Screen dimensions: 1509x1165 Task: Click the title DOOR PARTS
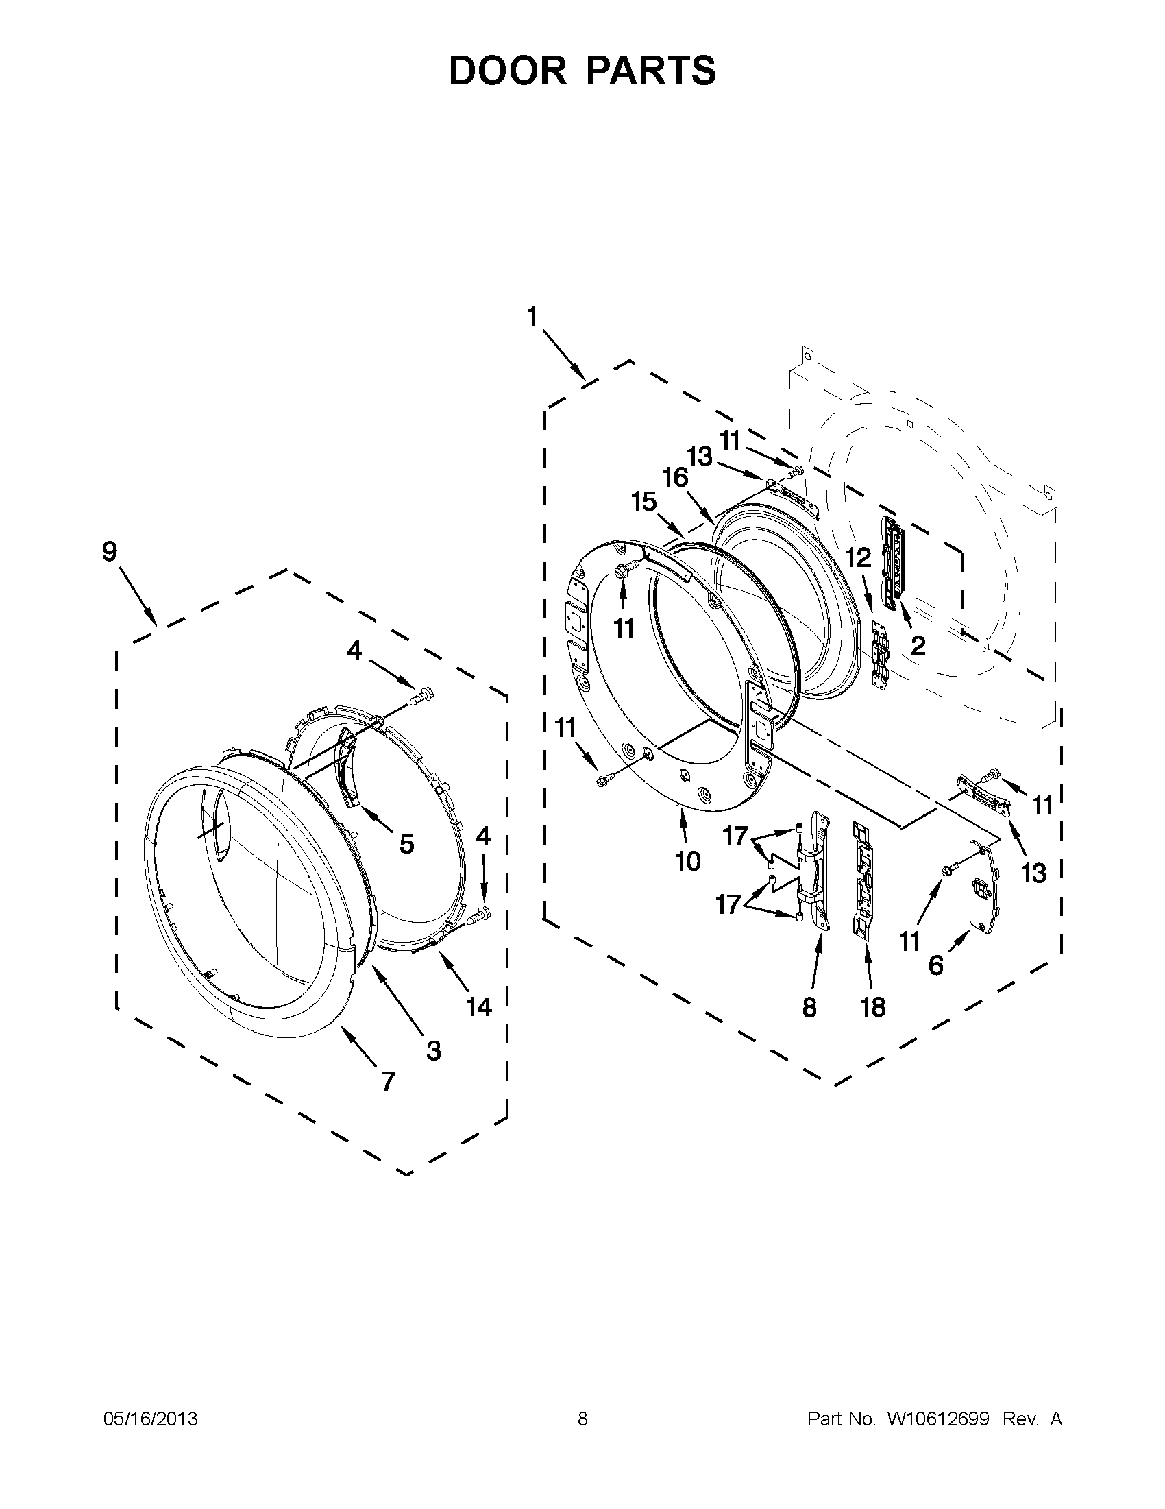[x=582, y=71]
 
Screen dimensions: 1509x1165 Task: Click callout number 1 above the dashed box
[x=532, y=317]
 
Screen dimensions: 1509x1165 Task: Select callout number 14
[x=478, y=1006]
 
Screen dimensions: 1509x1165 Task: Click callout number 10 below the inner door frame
[x=688, y=861]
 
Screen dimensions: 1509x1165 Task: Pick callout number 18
[x=873, y=1007]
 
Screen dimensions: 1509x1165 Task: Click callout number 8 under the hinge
[x=809, y=1007]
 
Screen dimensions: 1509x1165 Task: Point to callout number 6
[x=935, y=965]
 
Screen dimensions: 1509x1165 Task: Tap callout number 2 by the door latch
[x=918, y=646]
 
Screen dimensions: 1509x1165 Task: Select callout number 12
[x=859, y=558]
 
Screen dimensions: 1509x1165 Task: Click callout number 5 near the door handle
[x=407, y=844]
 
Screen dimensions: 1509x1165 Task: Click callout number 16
[x=676, y=477]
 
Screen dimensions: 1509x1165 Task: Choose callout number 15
[x=643, y=502]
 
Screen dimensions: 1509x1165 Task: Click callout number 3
[x=433, y=1050]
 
